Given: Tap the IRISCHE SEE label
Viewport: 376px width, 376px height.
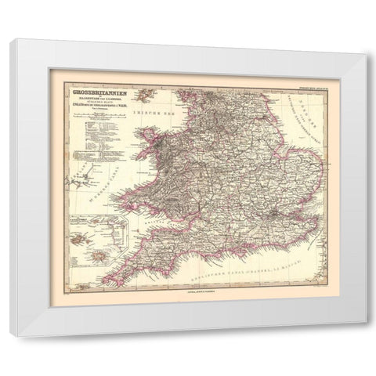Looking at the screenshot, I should [153, 117].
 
